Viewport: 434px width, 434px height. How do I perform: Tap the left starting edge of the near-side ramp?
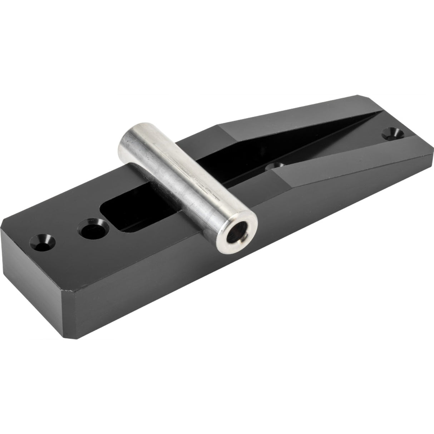pos(281,179)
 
